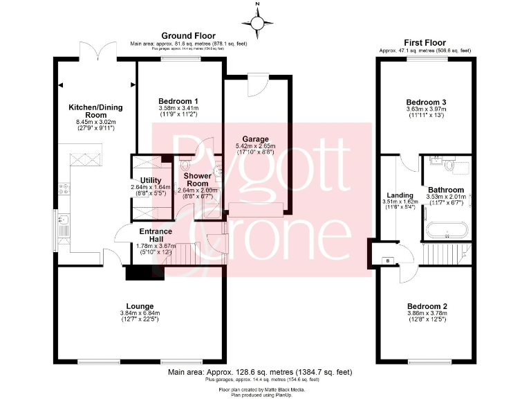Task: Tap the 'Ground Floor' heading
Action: (188, 36)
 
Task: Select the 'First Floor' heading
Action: (425, 42)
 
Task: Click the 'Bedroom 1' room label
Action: (178, 101)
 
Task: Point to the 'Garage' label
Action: (255, 139)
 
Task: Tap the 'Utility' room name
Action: (150, 180)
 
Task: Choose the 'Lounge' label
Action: (140, 305)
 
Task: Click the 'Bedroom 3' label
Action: (425, 102)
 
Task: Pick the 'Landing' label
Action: (400, 195)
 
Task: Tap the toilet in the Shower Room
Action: (185, 166)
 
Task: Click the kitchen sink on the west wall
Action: (62, 223)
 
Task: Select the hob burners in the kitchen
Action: (63, 188)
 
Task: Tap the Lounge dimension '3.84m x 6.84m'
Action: (140, 313)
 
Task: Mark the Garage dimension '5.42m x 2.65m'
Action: (255, 147)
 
